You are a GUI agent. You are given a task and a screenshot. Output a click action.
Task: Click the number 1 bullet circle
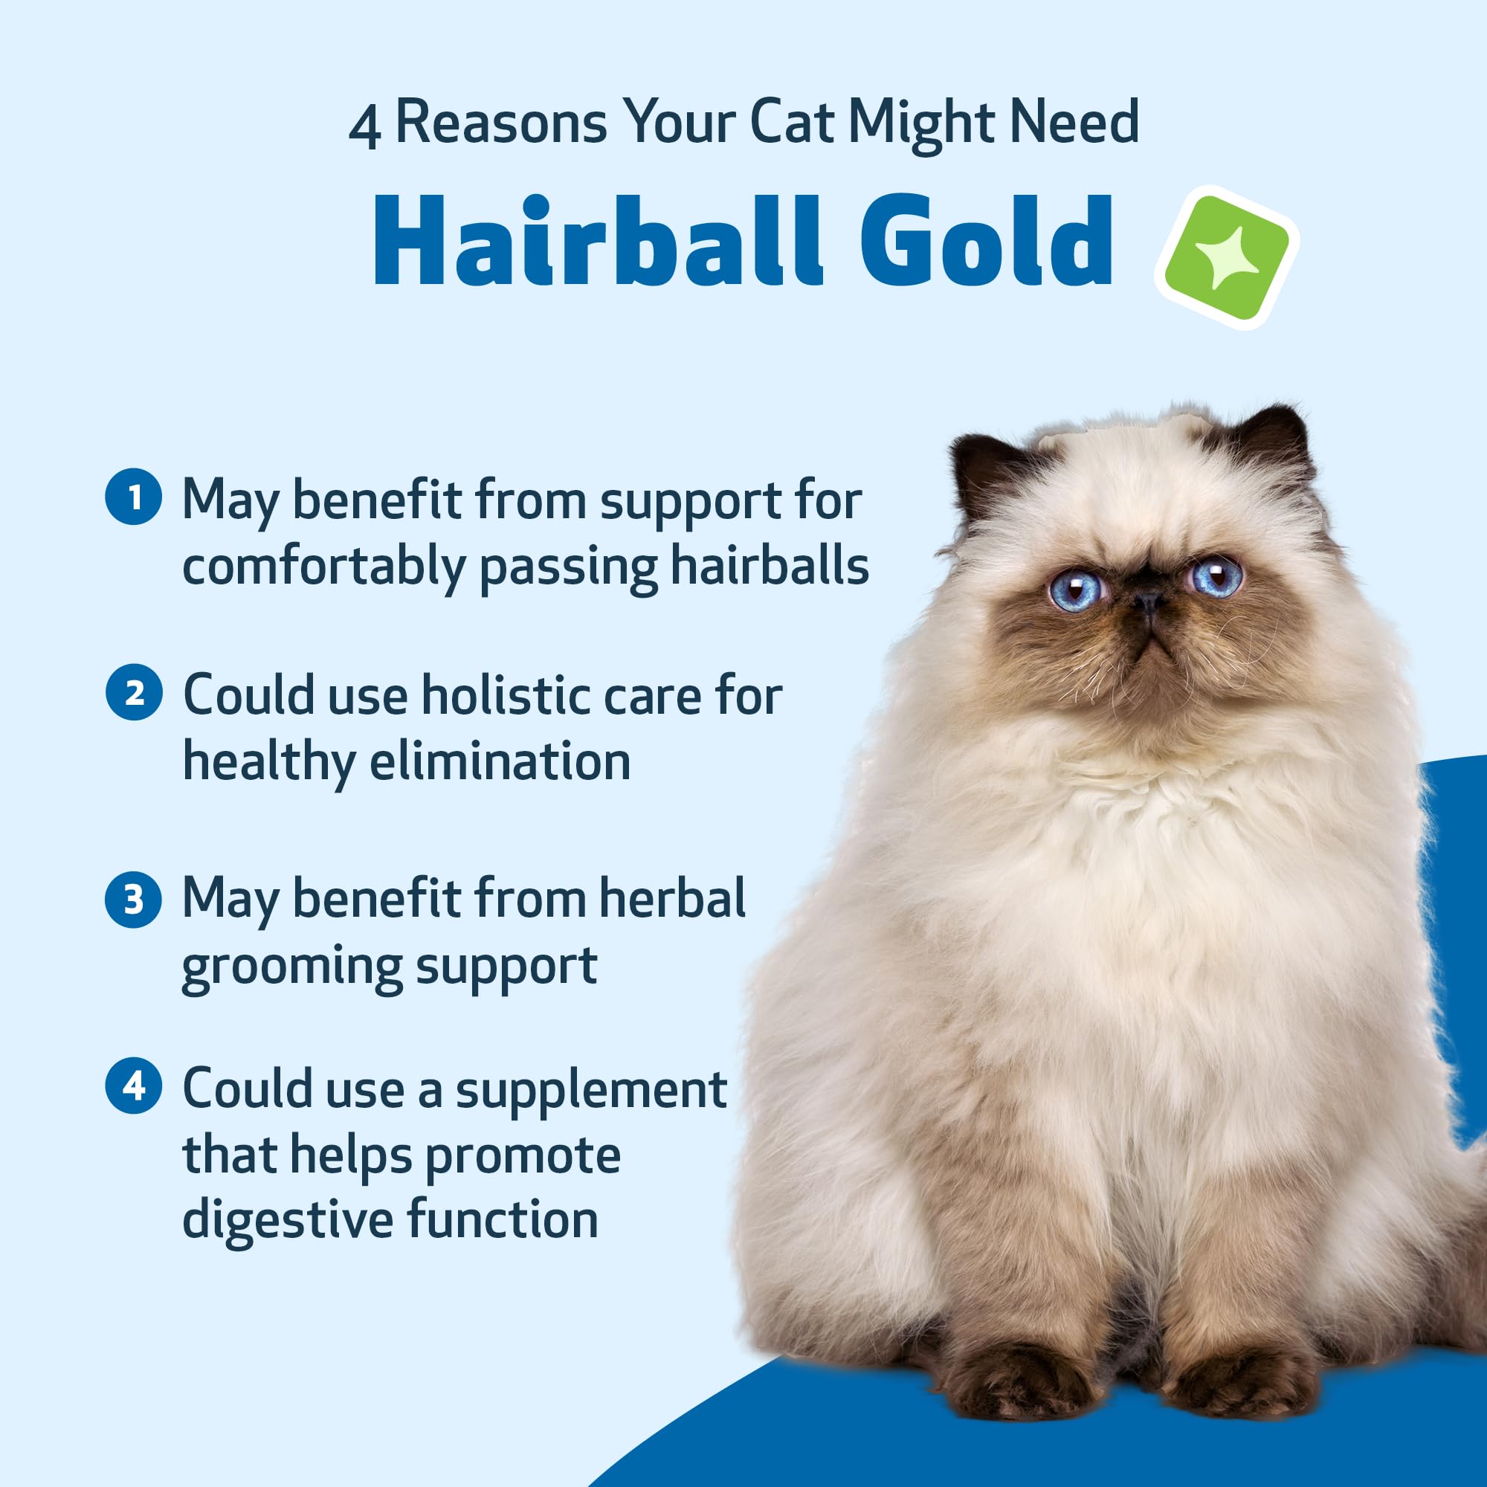(x=134, y=497)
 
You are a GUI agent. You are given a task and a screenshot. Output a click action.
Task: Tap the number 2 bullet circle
(x=134, y=693)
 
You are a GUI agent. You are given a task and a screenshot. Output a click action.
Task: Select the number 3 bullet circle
(x=134, y=899)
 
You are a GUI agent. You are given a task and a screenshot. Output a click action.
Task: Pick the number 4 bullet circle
(x=134, y=1086)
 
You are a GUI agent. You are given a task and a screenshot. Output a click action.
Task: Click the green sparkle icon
(x=1226, y=257)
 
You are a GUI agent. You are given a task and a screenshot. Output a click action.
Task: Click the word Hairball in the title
(x=597, y=242)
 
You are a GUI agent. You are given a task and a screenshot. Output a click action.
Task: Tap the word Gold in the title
(x=986, y=242)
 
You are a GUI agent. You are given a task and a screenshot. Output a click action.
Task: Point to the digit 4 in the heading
(x=364, y=127)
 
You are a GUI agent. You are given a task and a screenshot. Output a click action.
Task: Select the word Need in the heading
(x=1074, y=122)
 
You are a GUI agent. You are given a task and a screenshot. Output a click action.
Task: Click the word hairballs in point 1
(x=769, y=566)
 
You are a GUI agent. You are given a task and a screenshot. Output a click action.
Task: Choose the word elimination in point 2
(x=500, y=761)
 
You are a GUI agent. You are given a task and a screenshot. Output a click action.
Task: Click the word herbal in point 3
(x=672, y=898)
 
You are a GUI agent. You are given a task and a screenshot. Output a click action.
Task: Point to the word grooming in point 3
(x=291, y=967)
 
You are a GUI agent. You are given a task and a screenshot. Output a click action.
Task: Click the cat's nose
(x=1147, y=599)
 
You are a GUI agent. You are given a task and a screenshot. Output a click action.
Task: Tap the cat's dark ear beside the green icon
(x=1275, y=439)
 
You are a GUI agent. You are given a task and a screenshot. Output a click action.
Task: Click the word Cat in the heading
(x=791, y=122)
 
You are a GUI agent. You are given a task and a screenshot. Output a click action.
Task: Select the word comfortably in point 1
(x=323, y=567)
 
